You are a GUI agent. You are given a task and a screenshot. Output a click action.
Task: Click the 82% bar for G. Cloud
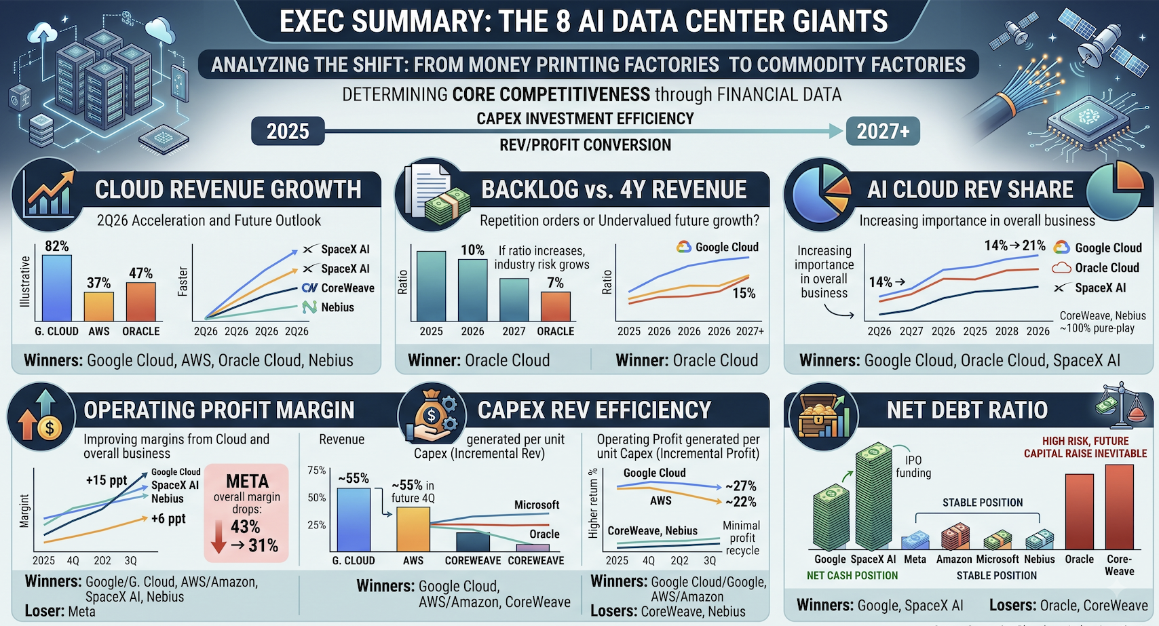click(x=57, y=288)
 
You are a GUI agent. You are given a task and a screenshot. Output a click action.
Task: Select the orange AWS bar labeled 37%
click(x=99, y=307)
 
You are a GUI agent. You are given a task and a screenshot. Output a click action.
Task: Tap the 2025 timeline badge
click(x=288, y=132)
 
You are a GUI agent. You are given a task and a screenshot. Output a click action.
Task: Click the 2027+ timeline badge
click(x=883, y=132)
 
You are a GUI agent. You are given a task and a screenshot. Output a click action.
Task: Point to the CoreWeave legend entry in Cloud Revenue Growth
click(x=338, y=288)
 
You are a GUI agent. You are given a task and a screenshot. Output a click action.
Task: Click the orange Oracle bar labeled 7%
click(x=556, y=307)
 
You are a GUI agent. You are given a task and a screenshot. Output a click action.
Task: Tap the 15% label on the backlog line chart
click(x=744, y=294)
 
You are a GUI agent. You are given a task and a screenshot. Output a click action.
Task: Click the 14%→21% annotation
click(x=1014, y=246)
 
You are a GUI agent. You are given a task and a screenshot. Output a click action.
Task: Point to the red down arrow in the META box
click(x=219, y=537)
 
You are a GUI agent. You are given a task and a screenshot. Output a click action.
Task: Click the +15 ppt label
click(x=106, y=480)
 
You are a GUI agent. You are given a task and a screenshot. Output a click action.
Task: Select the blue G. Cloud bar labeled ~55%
click(x=354, y=520)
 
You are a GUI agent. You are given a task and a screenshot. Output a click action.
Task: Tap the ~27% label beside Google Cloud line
click(x=741, y=486)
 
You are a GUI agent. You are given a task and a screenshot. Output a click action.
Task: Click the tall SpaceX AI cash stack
click(x=874, y=496)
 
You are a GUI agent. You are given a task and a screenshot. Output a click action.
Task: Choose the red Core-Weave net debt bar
click(x=1120, y=507)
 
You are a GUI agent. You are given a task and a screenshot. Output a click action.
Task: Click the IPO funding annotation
click(x=913, y=466)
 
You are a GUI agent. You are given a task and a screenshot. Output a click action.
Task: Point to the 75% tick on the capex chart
click(x=317, y=470)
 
